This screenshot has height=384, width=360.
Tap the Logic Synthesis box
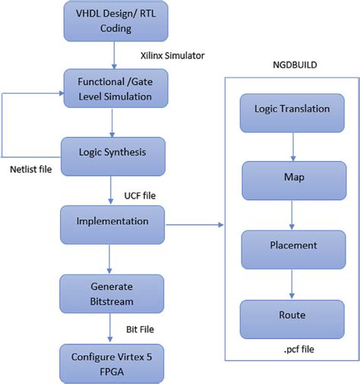click(x=112, y=152)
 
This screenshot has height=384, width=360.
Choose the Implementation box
click(x=112, y=223)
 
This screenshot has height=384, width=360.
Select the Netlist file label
click(x=31, y=168)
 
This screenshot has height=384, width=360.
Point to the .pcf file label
click(x=292, y=350)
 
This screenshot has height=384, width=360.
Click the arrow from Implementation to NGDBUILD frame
click(x=194, y=225)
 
